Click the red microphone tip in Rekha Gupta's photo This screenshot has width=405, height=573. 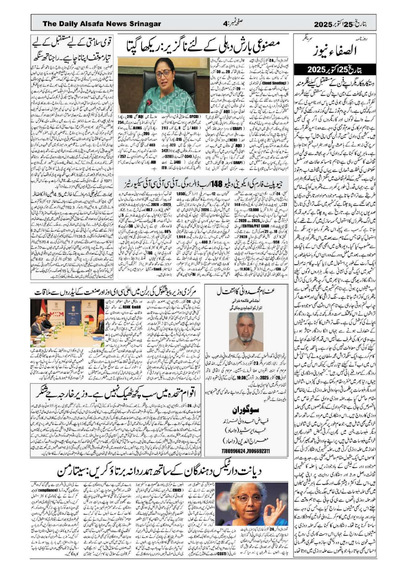(x=149, y=101)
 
